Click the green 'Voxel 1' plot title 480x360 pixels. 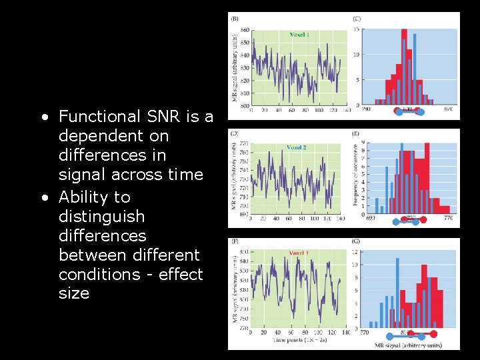click(x=299, y=34)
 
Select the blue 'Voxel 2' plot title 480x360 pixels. click(x=296, y=147)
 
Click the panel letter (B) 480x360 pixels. click(x=235, y=19)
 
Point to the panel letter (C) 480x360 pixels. click(x=357, y=19)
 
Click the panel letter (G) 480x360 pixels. click(x=357, y=241)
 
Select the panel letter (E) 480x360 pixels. click(x=357, y=134)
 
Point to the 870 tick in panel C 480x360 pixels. click(x=447, y=108)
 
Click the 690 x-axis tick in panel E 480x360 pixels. click(x=371, y=218)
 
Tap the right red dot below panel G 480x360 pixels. click(x=435, y=333)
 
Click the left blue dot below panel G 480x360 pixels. click(x=381, y=337)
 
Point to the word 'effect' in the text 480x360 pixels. click(x=178, y=274)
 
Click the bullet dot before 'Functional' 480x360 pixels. click(x=43, y=117)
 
